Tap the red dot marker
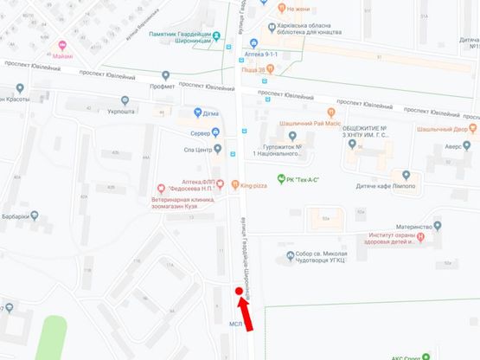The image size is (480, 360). point(238,292)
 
